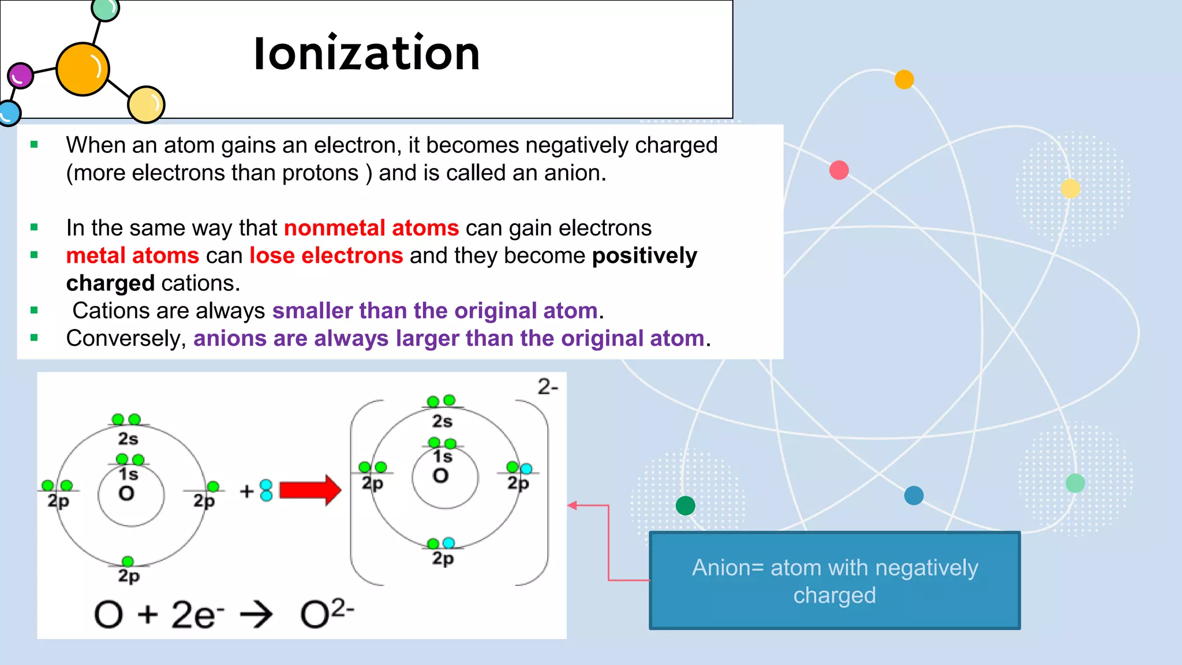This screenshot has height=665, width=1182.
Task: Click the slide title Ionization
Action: (x=367, y=54)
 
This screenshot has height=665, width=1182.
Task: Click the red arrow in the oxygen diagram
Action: (x=310, y=490)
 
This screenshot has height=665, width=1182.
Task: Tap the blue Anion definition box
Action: (x=835, y=581)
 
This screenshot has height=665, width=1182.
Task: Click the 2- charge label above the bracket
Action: (x=548, y=387)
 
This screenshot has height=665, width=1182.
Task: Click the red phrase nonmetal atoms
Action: (x=371, y=228)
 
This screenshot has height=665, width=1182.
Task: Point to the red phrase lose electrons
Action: (x=326, y=256)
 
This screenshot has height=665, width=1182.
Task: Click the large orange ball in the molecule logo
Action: (x=83, y=69)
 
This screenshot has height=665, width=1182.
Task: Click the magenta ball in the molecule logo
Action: (x=21, y=76)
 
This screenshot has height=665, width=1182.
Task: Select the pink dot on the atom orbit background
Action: (x=839, y=170)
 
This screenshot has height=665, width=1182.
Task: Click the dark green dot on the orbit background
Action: (x=685, y=506)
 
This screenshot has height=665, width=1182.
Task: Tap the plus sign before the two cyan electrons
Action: (x=247, y=491)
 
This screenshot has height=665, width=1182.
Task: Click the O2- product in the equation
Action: (x=327, y=614)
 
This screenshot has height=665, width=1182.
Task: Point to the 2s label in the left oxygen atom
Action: (x=128, y=439)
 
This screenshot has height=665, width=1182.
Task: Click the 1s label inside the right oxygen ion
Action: (x=443, y=457)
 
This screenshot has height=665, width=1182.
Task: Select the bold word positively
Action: (x=645, y=256)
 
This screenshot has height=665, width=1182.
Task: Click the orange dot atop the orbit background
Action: (x=904, y=79)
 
